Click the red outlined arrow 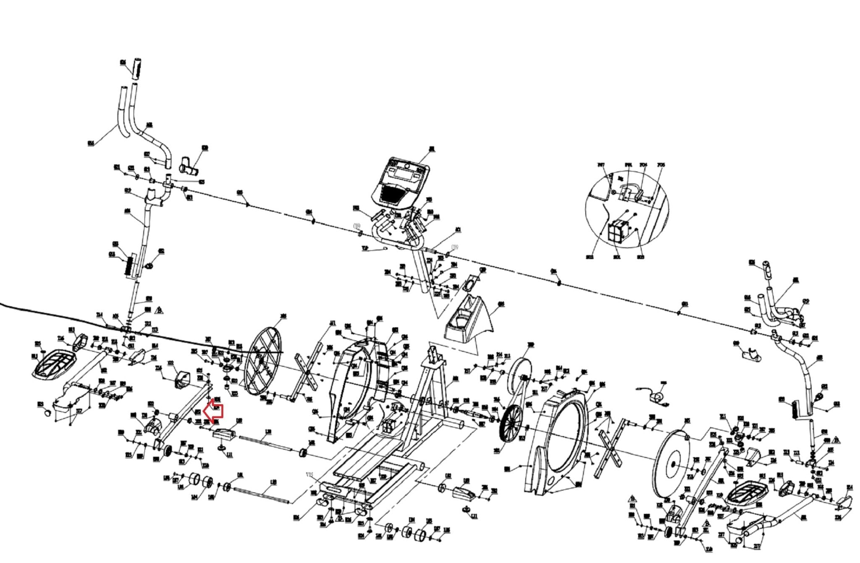[213, 411]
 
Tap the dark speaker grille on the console [393, 194]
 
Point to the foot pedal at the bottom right [747, 495]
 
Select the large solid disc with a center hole [672, 463]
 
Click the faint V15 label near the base [310, 475]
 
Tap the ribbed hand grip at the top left [136, 70]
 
